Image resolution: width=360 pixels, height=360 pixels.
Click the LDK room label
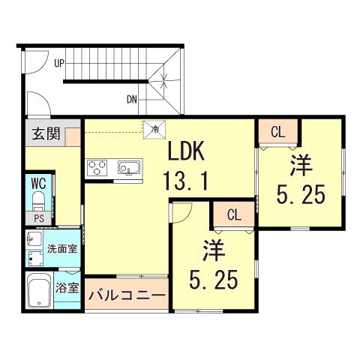(186, 151)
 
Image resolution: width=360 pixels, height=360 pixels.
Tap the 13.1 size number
(185, 179)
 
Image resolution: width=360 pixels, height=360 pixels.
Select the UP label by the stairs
(59, 64)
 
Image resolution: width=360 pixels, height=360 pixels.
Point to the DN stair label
(132, 100)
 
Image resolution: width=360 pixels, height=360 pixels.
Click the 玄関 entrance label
(46, 133)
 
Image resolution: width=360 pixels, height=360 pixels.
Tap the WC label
(39, 184)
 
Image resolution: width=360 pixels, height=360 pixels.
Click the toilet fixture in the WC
(38, 201)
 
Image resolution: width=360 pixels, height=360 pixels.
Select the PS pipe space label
(39, 219)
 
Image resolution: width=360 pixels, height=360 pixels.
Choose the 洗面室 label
(62, 249)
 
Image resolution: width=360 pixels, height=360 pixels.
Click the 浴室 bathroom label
(67, 288)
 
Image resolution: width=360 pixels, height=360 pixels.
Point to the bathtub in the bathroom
(40, 290)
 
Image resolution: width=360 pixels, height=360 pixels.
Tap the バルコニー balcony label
(127, 295)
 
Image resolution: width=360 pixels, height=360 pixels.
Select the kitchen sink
(129, 167)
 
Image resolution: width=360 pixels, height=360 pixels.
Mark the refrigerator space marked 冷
(154, 129)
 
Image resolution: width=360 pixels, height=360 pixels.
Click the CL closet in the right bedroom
(278, 132)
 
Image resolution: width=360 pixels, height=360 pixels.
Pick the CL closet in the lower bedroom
(234, 214)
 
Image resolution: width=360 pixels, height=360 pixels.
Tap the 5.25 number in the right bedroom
(301, 194)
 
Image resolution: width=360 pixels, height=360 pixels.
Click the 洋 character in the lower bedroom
(214, 250)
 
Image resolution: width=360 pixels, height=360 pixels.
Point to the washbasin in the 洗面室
(34, 238)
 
